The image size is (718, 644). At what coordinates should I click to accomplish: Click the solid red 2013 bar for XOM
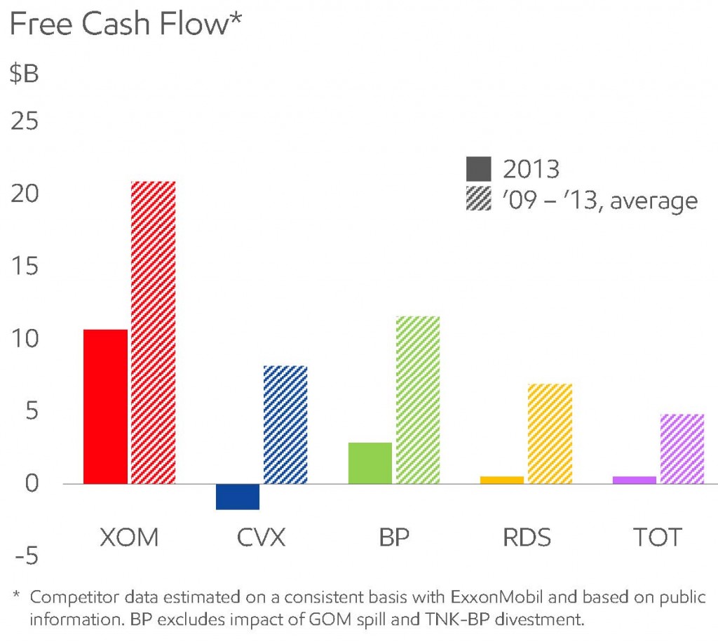(105, 406)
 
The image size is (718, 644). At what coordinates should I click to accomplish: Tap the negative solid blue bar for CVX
(238, 497)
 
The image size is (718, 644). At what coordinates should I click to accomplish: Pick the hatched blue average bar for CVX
(285, 424)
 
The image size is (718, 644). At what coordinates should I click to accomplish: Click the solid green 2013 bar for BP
(370, 463)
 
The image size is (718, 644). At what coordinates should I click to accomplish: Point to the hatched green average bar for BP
(418, 400)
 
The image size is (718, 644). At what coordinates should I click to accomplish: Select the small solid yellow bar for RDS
(502, 480)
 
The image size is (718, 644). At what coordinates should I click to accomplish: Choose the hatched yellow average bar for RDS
(550, 434)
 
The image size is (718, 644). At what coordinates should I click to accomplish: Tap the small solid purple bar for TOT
(635, 480)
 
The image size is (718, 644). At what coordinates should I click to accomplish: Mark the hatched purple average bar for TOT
(682, 449)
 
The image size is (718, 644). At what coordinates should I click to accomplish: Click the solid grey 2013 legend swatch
(479, 169)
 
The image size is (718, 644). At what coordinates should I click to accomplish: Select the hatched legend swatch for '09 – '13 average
(479, 201)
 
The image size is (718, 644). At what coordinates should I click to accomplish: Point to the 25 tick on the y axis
(24, 122)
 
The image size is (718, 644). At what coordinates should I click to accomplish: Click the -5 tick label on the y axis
(24, 557)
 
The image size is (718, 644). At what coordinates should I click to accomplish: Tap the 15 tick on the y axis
(24, 267)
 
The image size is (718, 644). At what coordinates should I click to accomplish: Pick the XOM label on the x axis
(129, 537)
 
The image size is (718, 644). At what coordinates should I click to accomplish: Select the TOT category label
(658, 537)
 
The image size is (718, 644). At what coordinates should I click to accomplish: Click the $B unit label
(24, 74)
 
